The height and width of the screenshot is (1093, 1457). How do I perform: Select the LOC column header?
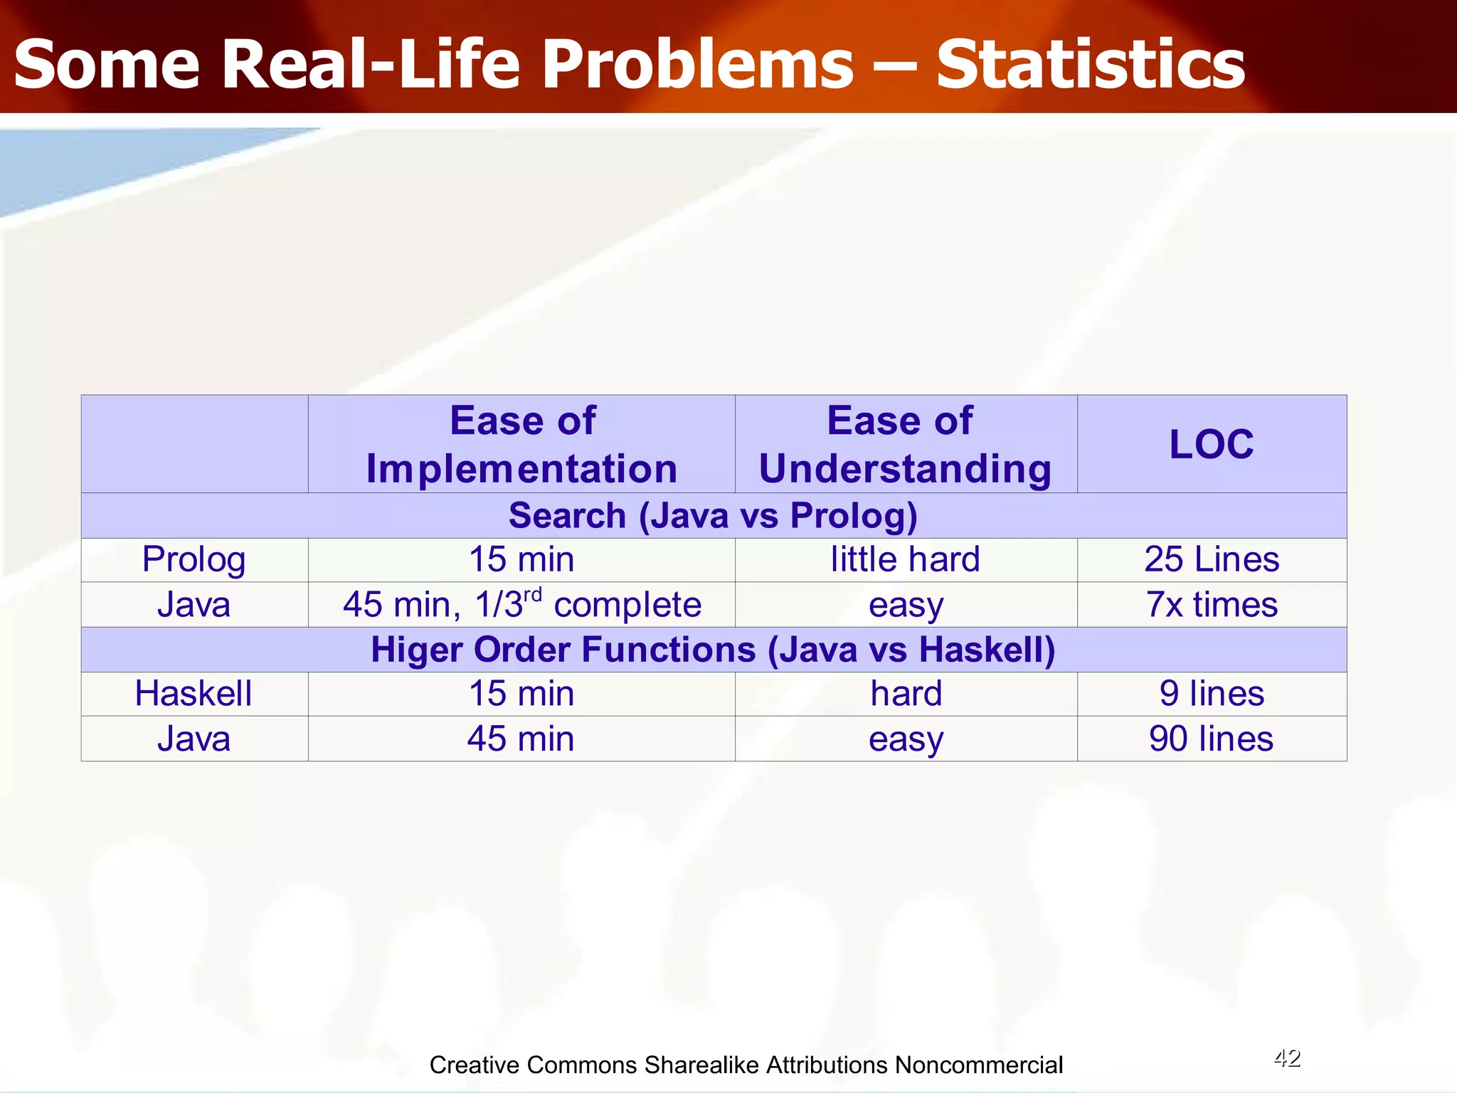pos(1211,445)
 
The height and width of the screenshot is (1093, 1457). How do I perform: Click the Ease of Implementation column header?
pos(521,445)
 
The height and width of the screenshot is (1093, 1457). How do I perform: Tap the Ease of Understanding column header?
pos(905,445)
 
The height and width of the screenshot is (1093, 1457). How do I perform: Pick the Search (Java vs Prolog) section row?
pos(713,515)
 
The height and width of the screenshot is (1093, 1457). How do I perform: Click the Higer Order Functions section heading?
pos(713,650)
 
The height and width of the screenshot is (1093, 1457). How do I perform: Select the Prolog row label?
pos(194,559)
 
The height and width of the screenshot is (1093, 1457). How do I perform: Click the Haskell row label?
pos(194,694)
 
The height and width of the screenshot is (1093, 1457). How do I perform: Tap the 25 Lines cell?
pos(1211,559)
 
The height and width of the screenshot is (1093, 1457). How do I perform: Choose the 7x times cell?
pos(1211,605)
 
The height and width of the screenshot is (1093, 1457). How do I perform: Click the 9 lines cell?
pos(1211,694)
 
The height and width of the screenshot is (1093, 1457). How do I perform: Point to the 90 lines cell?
pos(1211,739)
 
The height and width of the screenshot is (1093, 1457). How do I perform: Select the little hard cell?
pos(905,559)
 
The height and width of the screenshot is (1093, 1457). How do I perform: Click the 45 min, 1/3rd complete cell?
pos(521,605)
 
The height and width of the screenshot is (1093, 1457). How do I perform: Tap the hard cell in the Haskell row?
pos(905,694)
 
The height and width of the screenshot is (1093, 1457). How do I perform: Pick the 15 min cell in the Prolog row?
pos(521,559)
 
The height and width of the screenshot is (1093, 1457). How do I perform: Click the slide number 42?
pos(1286,1058)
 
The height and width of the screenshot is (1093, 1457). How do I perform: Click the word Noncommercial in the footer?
pos(978,1065)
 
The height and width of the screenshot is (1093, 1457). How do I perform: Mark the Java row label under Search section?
pos(194,605)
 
